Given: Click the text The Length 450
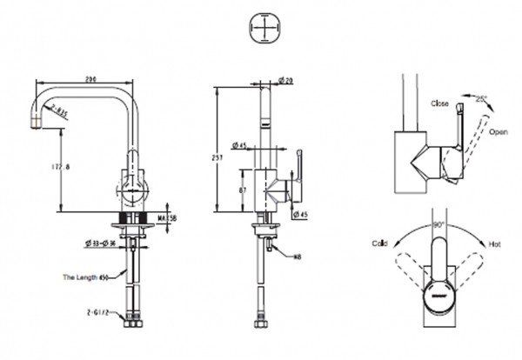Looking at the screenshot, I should (86, 278).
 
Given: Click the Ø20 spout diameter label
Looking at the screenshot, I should (286, 81).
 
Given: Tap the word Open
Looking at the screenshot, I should (498, 131).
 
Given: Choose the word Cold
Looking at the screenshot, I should (381, 243).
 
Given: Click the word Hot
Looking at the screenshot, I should (494, 244).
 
